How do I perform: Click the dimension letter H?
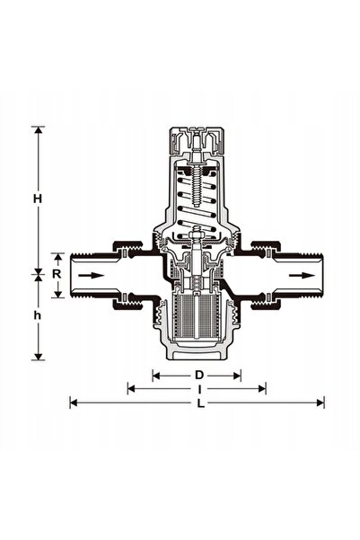coord(38,199)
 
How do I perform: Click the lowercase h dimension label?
coord(38,315)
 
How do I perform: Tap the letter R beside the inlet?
coord(57,274)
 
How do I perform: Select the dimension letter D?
coord(199,375)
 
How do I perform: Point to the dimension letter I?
coord(199,389)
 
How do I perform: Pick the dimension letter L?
coord(200,403)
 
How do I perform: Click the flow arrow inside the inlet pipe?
coord(92,275)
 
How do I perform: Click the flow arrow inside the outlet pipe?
coord(302,275)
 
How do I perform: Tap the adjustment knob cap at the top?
coord(197,140)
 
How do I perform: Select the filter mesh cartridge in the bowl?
coord(197,315)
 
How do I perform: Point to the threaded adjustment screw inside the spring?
coord(197,186)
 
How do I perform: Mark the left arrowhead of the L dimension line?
coord(73,403)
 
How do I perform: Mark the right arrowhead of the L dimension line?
coord(320,403)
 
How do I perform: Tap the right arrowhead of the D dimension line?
coord(237,376)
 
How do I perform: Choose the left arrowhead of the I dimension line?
coord(131,389)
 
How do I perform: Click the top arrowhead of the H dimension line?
coord(38,130)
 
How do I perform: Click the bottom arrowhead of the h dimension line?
coord(38,357)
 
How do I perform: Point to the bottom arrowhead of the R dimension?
coord(58,295)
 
